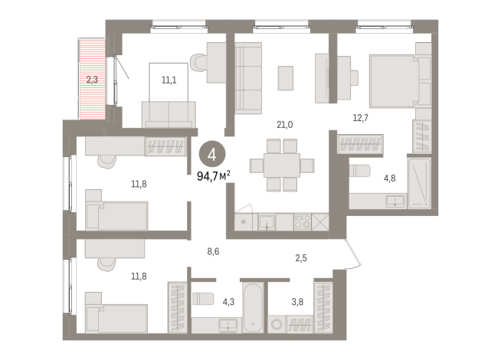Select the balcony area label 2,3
tap(92, 78)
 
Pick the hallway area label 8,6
tap(216, 250)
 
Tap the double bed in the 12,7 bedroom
tap(393, 77)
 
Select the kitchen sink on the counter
tap(267, 223)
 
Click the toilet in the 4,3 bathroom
tap(202, 299)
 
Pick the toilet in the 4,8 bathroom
tap(360, 170)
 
